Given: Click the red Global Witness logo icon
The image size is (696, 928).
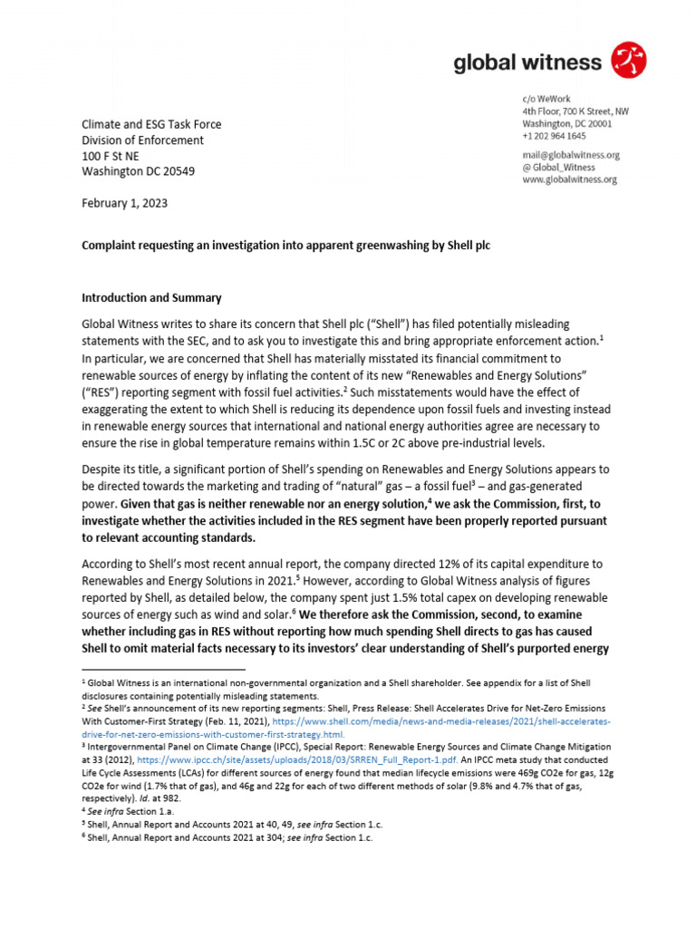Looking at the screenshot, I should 630,61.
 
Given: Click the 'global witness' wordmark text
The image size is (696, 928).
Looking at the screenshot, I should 527,62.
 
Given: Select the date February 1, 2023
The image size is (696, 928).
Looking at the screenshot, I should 124,203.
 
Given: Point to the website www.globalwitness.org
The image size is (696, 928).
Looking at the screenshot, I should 569,179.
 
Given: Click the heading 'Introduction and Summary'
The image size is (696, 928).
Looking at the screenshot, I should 151,297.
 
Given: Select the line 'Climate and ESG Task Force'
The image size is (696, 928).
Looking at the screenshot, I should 151,124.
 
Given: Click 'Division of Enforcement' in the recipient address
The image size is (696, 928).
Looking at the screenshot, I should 142,140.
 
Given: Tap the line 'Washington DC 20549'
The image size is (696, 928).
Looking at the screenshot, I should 138,171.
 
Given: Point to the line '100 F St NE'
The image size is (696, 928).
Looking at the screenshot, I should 111,156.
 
